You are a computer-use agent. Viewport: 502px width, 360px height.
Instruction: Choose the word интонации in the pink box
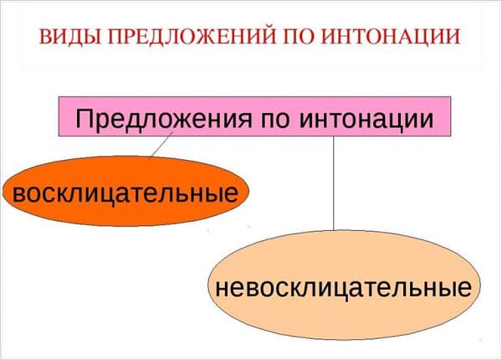366,120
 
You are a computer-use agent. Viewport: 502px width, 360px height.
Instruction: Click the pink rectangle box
254,116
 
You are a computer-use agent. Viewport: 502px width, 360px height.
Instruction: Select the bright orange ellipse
125,191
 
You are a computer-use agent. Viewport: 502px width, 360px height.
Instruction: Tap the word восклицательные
125,193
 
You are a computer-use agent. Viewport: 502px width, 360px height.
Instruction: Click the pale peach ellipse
344,285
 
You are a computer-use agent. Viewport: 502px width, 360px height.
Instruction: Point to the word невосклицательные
343,287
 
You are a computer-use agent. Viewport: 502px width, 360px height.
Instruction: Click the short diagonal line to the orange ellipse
161,145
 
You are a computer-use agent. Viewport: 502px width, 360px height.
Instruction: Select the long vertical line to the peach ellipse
333,183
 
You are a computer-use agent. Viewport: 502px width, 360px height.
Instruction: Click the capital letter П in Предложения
84,119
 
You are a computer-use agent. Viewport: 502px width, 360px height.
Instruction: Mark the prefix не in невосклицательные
230,288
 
